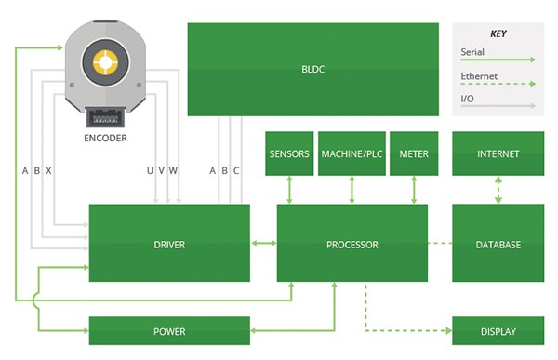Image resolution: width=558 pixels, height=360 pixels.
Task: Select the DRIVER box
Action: pos(169,244)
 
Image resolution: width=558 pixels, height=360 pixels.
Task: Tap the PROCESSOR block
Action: pos(352,244)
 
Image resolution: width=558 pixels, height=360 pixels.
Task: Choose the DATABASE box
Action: pos(498,244)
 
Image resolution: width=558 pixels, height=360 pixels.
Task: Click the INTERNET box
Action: pos(498,153)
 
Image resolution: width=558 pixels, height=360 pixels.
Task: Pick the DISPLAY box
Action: pos(498,331)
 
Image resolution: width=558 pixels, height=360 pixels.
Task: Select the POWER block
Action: pos(169,331)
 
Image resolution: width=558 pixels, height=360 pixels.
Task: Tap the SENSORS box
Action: pos(288,153)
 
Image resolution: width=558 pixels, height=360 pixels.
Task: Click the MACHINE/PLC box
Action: pos(352,153)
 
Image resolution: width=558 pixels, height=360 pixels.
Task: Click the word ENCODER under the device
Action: pos(104,139)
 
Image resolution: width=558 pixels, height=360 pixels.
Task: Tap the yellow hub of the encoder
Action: pos(105,63)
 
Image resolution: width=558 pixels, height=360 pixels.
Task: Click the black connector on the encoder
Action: pos(104,117)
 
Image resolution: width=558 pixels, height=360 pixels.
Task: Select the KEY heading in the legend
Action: pos(498,33)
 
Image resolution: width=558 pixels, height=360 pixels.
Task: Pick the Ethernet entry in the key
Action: pos(478,76)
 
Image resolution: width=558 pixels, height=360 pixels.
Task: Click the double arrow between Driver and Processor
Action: pos(263,244)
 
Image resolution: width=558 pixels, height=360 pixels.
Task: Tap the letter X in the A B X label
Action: pos(48,170)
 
